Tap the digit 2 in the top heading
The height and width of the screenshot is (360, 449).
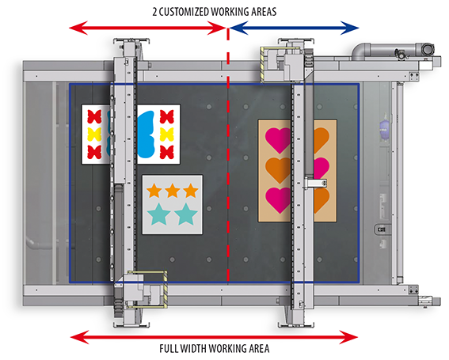click(x=154, y=12)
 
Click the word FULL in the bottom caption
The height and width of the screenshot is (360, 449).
click(x=169, y=349)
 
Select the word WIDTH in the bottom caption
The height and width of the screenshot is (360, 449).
click(x=193, y=349)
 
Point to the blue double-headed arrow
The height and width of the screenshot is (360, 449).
click(x=295, y=28)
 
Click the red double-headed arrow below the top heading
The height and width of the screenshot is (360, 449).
click(x=148, y=28)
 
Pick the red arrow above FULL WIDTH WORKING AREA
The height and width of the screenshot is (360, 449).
click(x=214, y=337)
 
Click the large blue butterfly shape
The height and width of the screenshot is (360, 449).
click(x=146, y=135)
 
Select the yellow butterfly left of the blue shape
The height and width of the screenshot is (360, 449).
click(x=94, y=135)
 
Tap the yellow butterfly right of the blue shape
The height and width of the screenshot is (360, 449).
click(x=166, y=135)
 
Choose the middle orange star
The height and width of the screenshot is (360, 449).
click(x=173, y=191)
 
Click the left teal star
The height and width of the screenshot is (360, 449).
click(x=159, y=214)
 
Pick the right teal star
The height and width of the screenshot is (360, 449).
click(x=186, y=214)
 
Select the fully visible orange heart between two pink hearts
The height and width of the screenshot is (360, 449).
click(x=278, y=170)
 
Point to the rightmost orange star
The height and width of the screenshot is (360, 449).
click(x=191, y=191)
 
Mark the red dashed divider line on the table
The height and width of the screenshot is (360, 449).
click(x=228, y=154)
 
